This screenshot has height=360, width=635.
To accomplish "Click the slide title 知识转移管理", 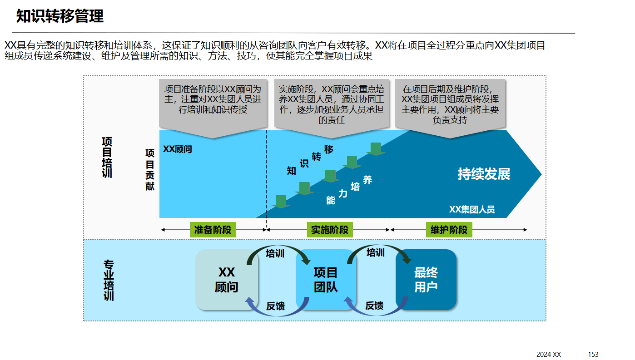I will (60, 16).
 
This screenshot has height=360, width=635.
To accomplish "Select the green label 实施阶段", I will (330, 230).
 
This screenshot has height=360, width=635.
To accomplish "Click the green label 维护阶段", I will (449, 230).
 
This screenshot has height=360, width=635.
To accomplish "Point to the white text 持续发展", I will (484, 174).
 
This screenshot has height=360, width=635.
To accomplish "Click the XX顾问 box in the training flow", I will (226, 280).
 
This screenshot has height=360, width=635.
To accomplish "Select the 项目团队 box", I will (326, 280).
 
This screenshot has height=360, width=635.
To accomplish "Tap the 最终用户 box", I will (426, 280).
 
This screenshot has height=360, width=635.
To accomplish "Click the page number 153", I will (593, 355).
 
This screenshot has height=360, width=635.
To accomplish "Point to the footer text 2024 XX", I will (549, 355).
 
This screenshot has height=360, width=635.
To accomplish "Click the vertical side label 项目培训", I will (107, 157).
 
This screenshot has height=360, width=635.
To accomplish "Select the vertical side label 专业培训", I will (109, 280).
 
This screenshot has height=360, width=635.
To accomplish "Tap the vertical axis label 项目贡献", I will (150, 170).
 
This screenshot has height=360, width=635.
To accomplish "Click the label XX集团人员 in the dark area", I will (472, 209).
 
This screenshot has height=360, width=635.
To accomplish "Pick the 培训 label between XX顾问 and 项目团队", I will (275, 253).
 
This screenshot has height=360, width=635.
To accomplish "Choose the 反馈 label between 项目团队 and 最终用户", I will (374, 306).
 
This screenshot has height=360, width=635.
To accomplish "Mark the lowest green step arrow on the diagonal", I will (281, 202).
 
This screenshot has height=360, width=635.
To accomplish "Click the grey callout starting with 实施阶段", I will (332, 104).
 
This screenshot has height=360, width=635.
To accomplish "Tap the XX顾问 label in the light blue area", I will (178, 149).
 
